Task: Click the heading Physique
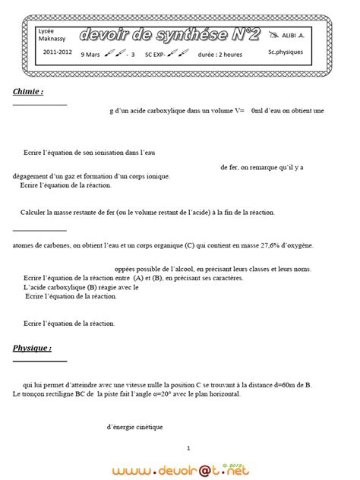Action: tap(32, 348)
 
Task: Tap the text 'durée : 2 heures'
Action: tap(220, 55)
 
